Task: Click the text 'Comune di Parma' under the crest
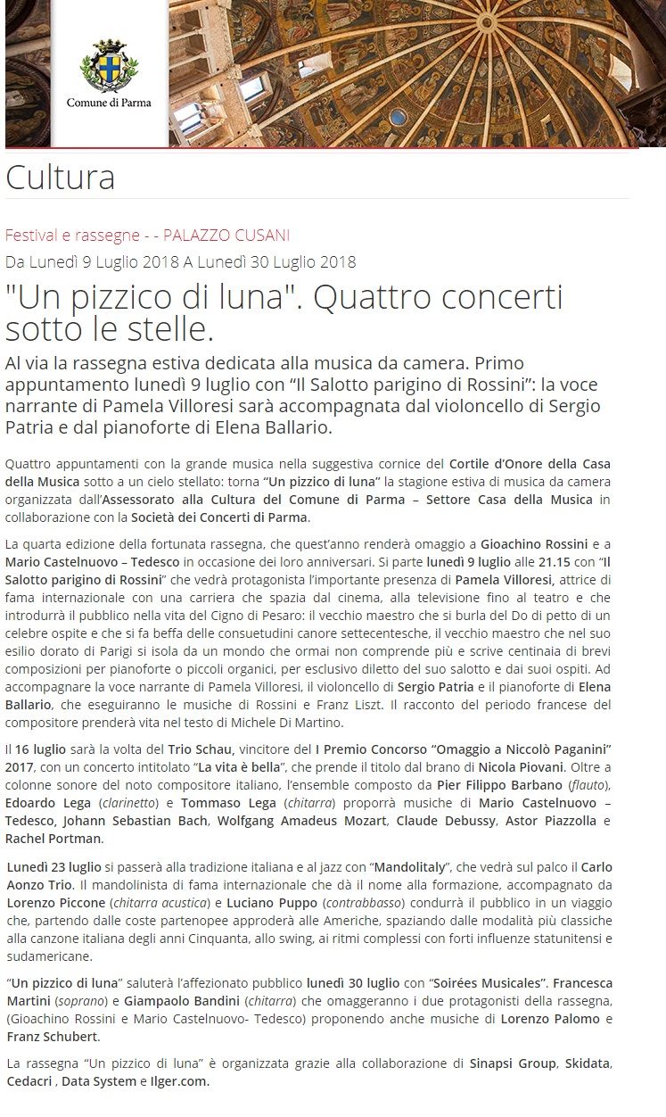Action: tap(109, 103)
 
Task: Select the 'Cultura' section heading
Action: tap(60, 178)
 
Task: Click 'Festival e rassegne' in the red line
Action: tap(71, 236)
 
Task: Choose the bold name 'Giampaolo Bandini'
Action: tap(180, 1002)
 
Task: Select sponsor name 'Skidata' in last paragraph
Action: tap(585, 1063)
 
